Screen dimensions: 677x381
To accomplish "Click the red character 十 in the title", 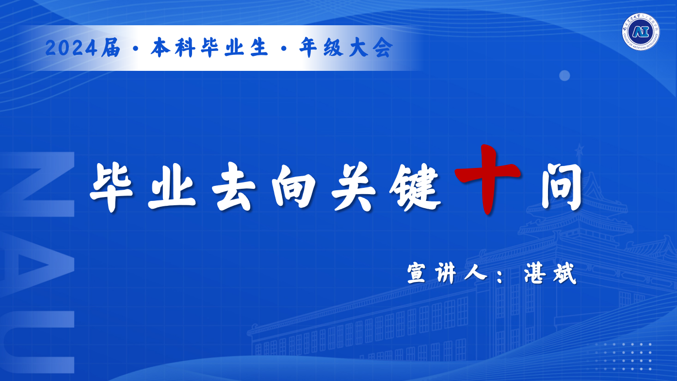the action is coord(487,179).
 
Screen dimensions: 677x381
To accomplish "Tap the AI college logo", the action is coord(641,32).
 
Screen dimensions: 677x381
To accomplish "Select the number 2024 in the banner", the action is coord(71,48).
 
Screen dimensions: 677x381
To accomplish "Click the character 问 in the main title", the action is coord(562,186).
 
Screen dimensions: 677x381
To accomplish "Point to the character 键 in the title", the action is coord(415,187).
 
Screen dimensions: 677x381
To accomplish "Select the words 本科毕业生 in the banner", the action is coord(210,48).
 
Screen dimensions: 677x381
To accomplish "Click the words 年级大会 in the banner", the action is coord(346,48).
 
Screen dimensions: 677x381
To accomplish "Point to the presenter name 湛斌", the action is coord(550,273).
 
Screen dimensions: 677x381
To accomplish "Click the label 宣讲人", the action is coord(447,273).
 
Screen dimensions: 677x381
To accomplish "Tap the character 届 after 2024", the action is coord(111,48).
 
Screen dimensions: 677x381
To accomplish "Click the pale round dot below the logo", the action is coord(564,76).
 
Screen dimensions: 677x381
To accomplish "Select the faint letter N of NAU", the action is coord(37,184).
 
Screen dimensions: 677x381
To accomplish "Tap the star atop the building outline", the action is coord(580,149).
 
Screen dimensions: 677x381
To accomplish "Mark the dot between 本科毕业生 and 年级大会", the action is coord(284,49).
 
